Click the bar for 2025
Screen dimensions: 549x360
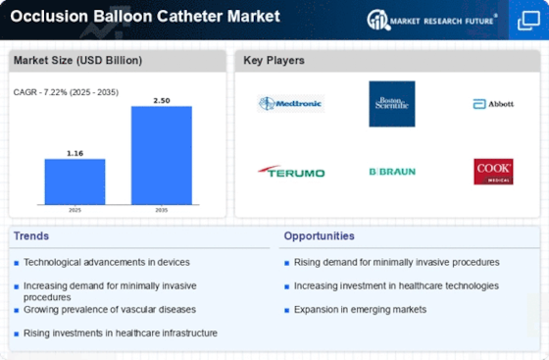pyautogui.click(x=75, y=181)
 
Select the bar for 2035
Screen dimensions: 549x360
pyautogui.click(x=162, y=155)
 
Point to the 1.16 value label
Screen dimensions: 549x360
pyautogui.click(x=75, y=153)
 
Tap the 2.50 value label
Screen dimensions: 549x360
pyautogui.click(x=162, y=100)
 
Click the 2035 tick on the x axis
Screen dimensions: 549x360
pyautogui.click(x=162, y=210)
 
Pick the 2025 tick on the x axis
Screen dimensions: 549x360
pyautogui.click(x=75, y=210)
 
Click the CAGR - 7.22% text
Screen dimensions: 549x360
pyautogui.click(x=39, y=92)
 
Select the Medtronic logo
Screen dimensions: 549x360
pyautogui.click(x=290, y=104)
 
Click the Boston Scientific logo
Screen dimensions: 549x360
pyautogui.click(x=392, y=104)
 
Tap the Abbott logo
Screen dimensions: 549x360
pyautogui.click(x=493, y=104)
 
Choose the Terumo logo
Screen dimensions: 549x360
pyautogui.click(x=291, y=172)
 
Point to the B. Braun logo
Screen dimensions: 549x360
pyautogui.click(x=392, y=172)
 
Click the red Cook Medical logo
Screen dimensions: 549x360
pyautogui.click(x=493, y=172)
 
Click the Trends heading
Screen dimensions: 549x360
pyautogui.click(x=31, y=236)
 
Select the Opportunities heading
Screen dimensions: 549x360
pyautogui.click(x=319, y=236)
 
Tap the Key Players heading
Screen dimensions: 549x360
pyautogui.click(x=274, y=60)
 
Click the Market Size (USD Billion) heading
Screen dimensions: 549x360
pyautogui.click(x=77, y=60)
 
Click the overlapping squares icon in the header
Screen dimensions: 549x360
pyautogui.click(x=528, y=21)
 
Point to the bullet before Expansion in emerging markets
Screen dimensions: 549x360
pyautogui.click(x=286, y=310)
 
